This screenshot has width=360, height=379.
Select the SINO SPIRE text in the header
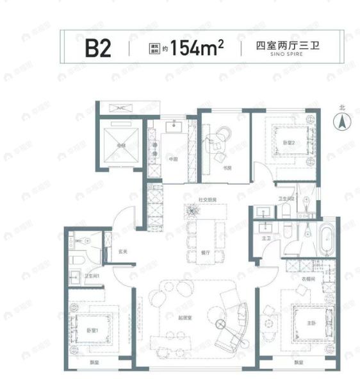277,55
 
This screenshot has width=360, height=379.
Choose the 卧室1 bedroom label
91,330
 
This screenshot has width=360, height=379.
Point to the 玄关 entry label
123,251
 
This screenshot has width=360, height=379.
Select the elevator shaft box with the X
120,145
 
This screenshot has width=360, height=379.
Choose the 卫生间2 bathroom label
286,199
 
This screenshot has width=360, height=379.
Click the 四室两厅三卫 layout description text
277,45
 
